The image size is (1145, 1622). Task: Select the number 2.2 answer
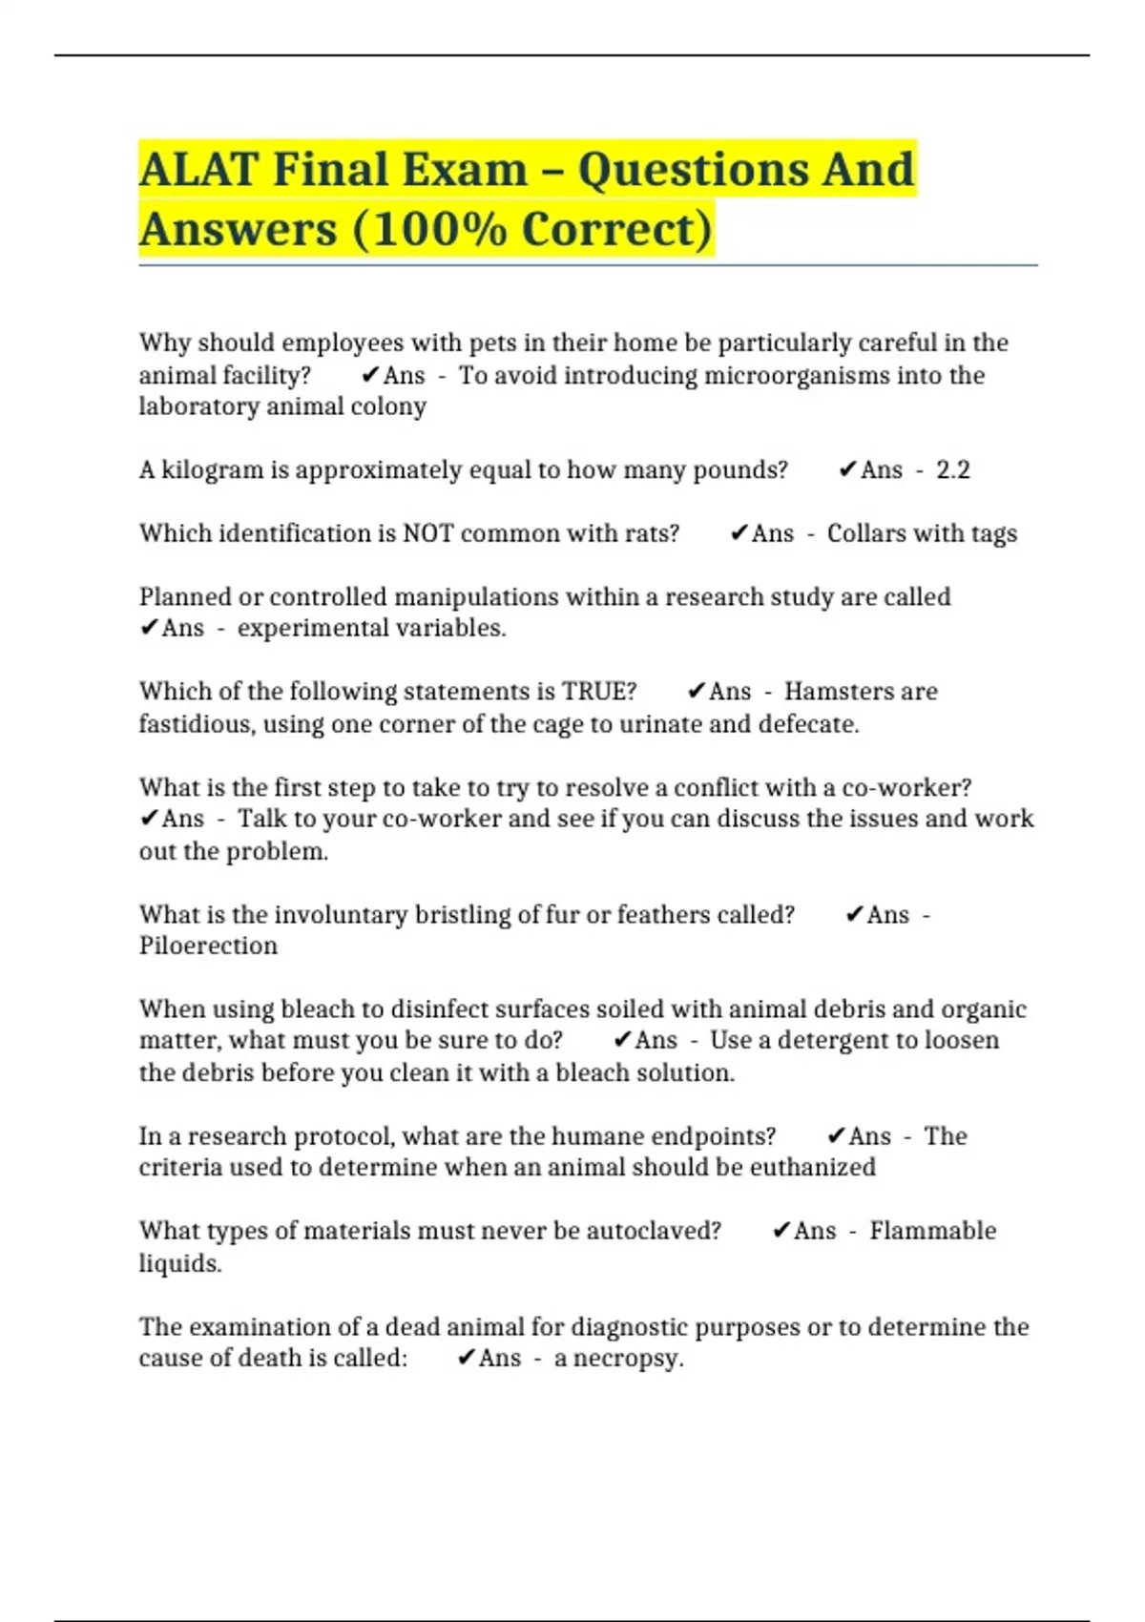(x=952, y=470)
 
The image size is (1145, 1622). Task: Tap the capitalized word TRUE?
(x=599, y=692)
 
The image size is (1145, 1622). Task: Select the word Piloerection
(x=208, y=946)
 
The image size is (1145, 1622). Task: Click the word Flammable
(x=932, y=1231)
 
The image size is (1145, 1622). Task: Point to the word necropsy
(x=627, y=1358)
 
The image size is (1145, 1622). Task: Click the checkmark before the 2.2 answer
(x=847, y=469)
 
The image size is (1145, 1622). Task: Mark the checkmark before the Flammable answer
(x=781, y=1231)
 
